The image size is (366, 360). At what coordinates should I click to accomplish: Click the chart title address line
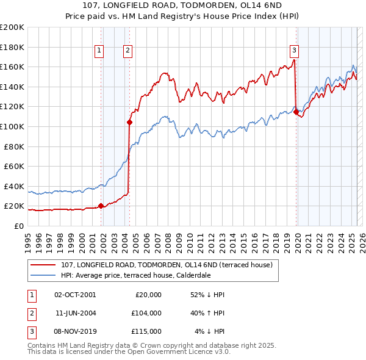coord(183,6)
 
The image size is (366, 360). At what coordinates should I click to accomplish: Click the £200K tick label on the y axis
coord(12,27)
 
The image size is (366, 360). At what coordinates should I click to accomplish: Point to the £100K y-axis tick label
coord(12,126)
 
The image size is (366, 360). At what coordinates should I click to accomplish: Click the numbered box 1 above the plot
coord(99,51)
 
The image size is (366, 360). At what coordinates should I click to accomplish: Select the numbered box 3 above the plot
coord(294,51)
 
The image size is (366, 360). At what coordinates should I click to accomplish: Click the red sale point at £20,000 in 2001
coord(101,206)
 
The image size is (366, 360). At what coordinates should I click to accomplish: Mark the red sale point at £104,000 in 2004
coord(129,122)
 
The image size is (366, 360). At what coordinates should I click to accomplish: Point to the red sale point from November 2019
coord(296,112)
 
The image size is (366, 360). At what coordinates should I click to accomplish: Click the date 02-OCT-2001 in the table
coord(75,295)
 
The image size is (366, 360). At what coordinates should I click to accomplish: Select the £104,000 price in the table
coord(146,313)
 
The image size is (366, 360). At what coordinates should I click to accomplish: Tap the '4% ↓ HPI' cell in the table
coord(209,331)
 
